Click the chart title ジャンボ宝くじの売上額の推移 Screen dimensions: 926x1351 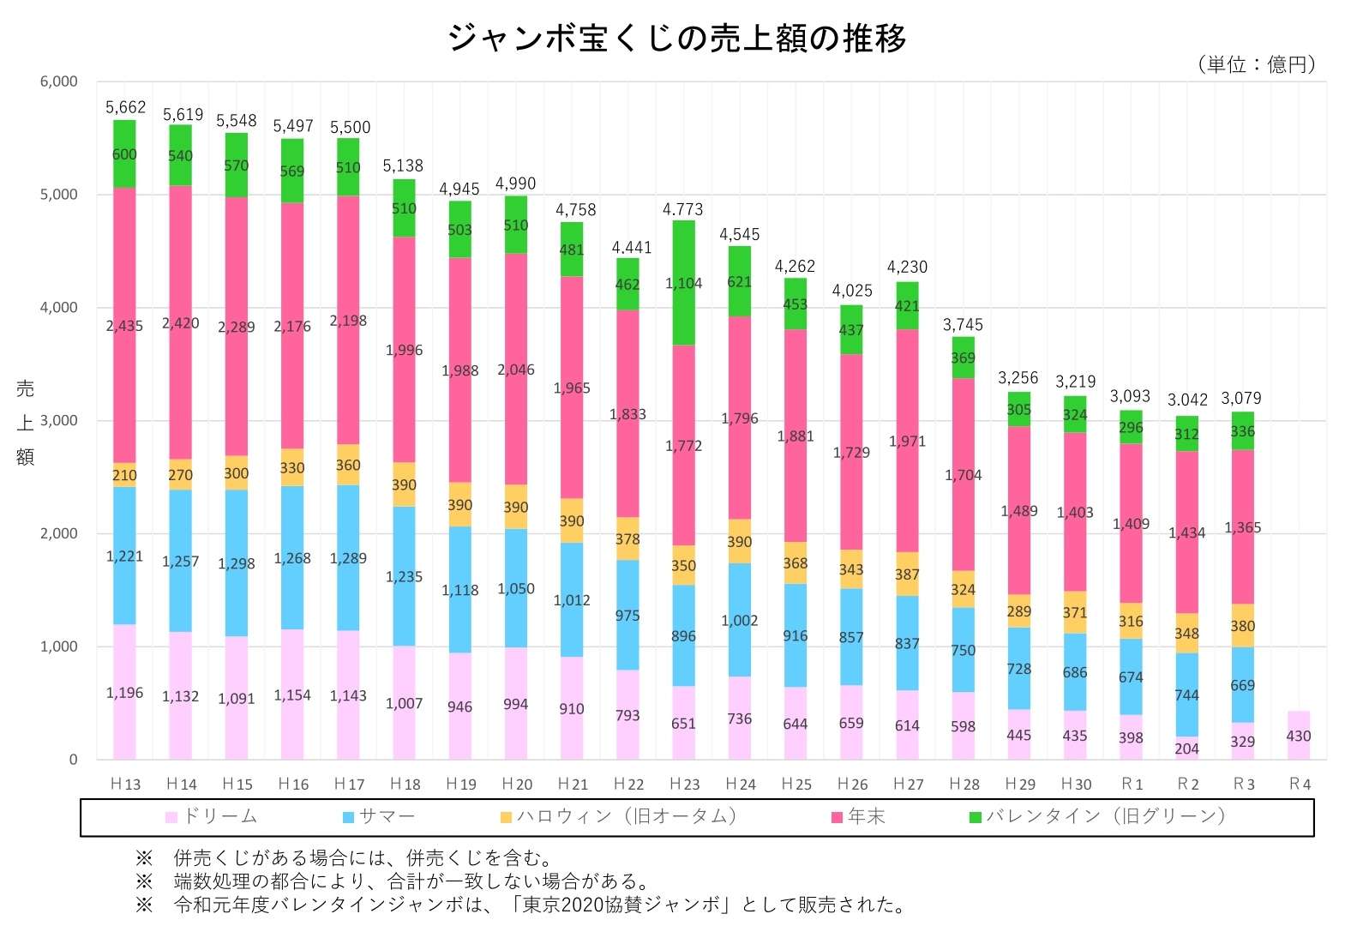pyautogui.click(x=676, y=38)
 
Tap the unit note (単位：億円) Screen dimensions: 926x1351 pyautogui.click(x=1256, y=64)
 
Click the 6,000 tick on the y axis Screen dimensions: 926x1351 pyautogui.click(x=58, y=81)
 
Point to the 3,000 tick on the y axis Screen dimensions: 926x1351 pyautogui.click(x=58, y=420)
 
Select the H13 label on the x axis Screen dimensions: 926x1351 pyautogui.click(x=125, y=784)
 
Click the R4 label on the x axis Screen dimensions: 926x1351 pyautogui.click(x=1300, y=784)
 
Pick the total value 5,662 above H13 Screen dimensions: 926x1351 pyautogui.click(x=125, y=107)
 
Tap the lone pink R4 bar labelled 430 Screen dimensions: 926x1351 pyautogui.click(x=1299, y=735)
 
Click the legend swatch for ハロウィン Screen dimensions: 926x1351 pyautogui.click(x=506, y=817)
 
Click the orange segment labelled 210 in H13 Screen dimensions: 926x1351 pyautogui.click(x=124, y=475)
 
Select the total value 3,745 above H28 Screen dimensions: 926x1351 pyautogui.click(x=963, y=325)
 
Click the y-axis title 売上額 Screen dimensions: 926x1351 pyautogui.click(x=25, y=422)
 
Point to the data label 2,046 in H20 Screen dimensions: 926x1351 pyautogui.click(x=515, y=370)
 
